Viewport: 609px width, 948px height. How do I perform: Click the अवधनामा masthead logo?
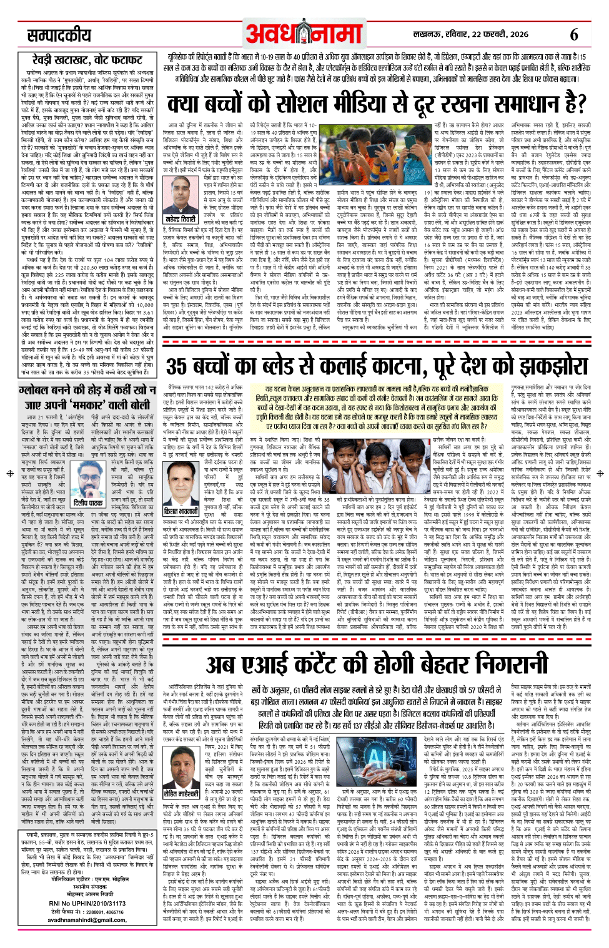pos(305,32)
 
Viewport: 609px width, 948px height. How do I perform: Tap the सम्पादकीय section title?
pos(59,35)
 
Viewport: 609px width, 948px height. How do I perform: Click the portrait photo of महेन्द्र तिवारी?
pos(181,196)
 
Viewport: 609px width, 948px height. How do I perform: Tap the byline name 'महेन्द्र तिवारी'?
pos(181,220)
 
